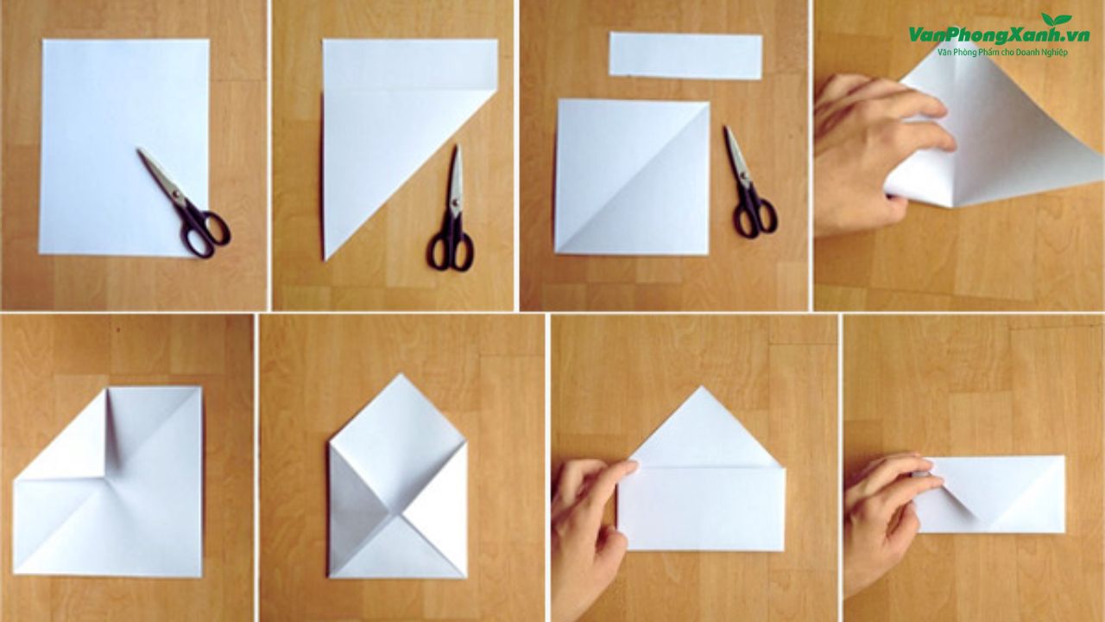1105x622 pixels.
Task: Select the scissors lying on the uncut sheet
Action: [185, 202]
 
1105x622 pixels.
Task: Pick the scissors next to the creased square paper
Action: [748, 182]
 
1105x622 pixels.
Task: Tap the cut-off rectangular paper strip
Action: [685, 56]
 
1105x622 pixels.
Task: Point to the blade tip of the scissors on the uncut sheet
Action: [139, 150]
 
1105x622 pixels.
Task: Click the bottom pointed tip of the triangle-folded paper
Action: [325, 258]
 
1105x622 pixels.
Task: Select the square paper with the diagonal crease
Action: [633, 177]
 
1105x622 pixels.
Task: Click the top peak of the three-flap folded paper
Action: [401, 375]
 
